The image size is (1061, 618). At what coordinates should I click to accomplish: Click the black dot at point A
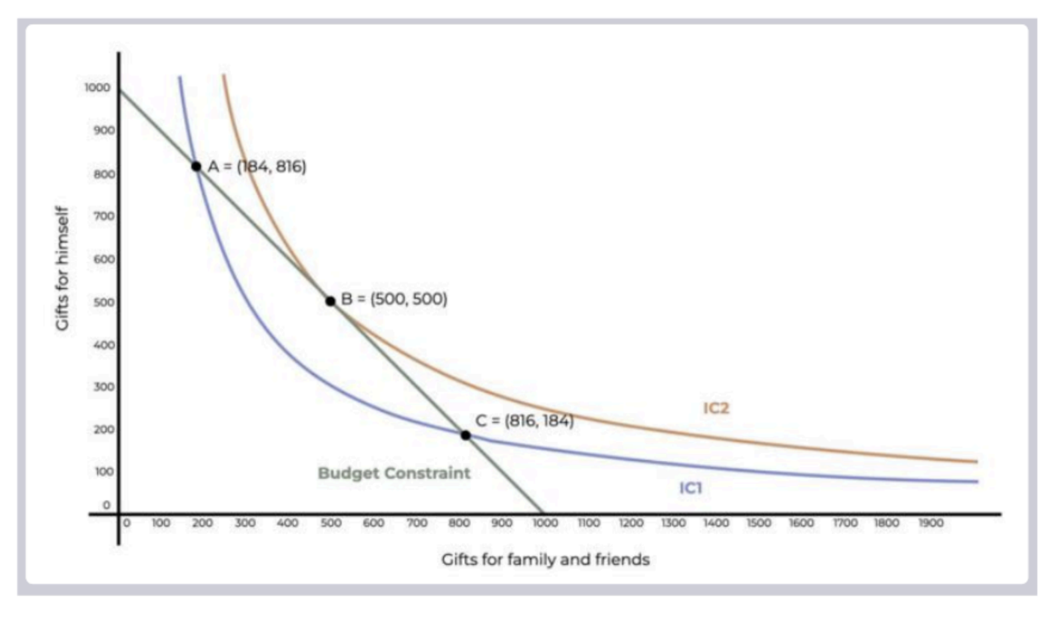[196, 166]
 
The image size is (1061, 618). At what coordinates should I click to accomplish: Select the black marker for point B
[331, 301]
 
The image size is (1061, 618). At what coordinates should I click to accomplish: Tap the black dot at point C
[466, 436]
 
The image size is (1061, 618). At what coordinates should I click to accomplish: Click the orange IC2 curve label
[716, 408]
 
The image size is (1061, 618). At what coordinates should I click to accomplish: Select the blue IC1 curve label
[690, 488]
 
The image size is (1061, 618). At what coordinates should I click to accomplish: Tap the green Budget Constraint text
[394, 473]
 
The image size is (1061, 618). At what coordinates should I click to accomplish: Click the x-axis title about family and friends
[545, 560]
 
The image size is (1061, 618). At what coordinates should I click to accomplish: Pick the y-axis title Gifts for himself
[63, 268]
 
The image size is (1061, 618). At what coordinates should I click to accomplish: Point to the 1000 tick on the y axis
[97, 87]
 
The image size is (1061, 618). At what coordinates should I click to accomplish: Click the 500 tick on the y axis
[104, 302]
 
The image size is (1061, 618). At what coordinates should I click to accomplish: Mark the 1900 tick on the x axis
[931, 523]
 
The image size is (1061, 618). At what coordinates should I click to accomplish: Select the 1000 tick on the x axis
[545, 523]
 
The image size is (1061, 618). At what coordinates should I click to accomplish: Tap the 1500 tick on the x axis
[759, 523]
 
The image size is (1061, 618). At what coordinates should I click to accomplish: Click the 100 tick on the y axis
[104, 471]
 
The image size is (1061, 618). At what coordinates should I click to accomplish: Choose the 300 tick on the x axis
[245, 523]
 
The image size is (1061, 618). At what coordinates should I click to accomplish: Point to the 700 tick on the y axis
[104, 216]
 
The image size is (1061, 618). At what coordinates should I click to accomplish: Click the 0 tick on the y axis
[107, 505]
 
